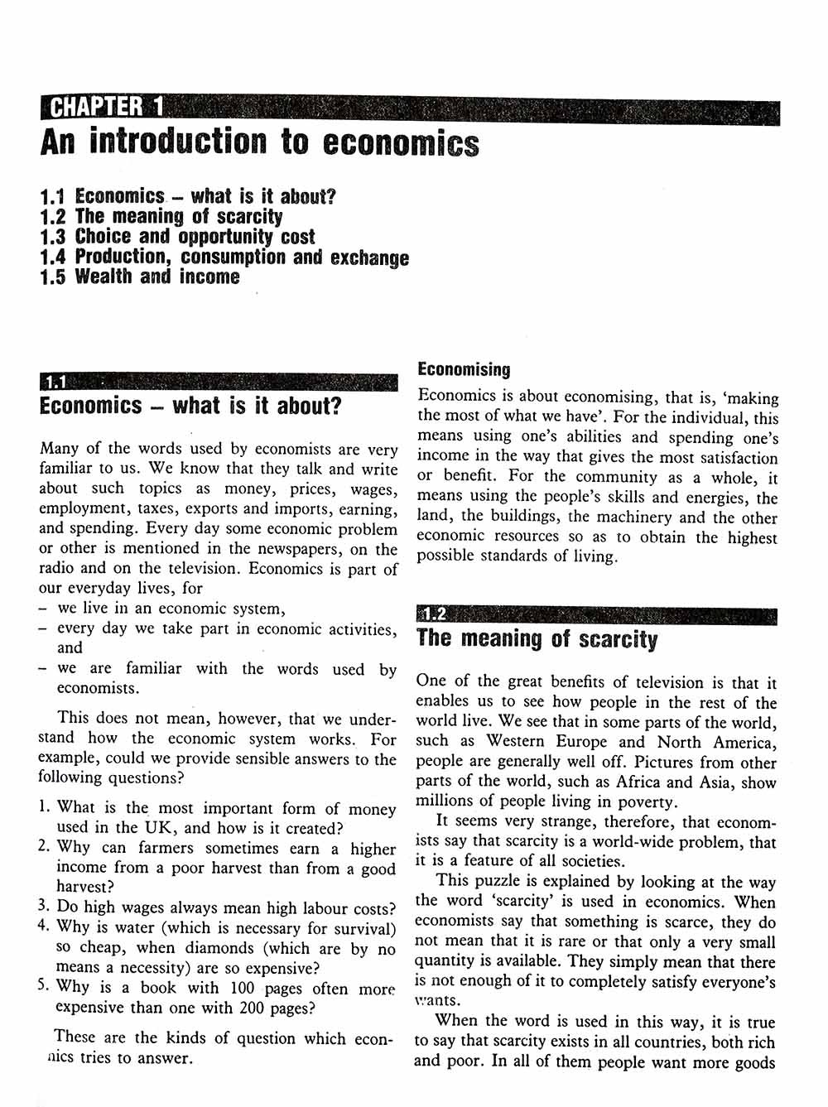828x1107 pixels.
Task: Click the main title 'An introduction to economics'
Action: point(259,142)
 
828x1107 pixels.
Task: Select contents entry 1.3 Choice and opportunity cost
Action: point(177,237)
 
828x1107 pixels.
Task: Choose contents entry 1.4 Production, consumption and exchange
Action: point(224,257)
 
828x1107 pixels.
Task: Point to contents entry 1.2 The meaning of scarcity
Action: point(161,217)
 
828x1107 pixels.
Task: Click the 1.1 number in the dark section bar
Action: point(55,383)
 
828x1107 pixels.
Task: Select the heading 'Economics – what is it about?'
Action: point(190,407)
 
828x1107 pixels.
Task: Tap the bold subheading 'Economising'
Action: point(464,369)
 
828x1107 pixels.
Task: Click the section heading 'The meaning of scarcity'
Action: point(537,639)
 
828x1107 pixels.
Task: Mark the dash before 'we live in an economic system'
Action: point(42,609)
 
